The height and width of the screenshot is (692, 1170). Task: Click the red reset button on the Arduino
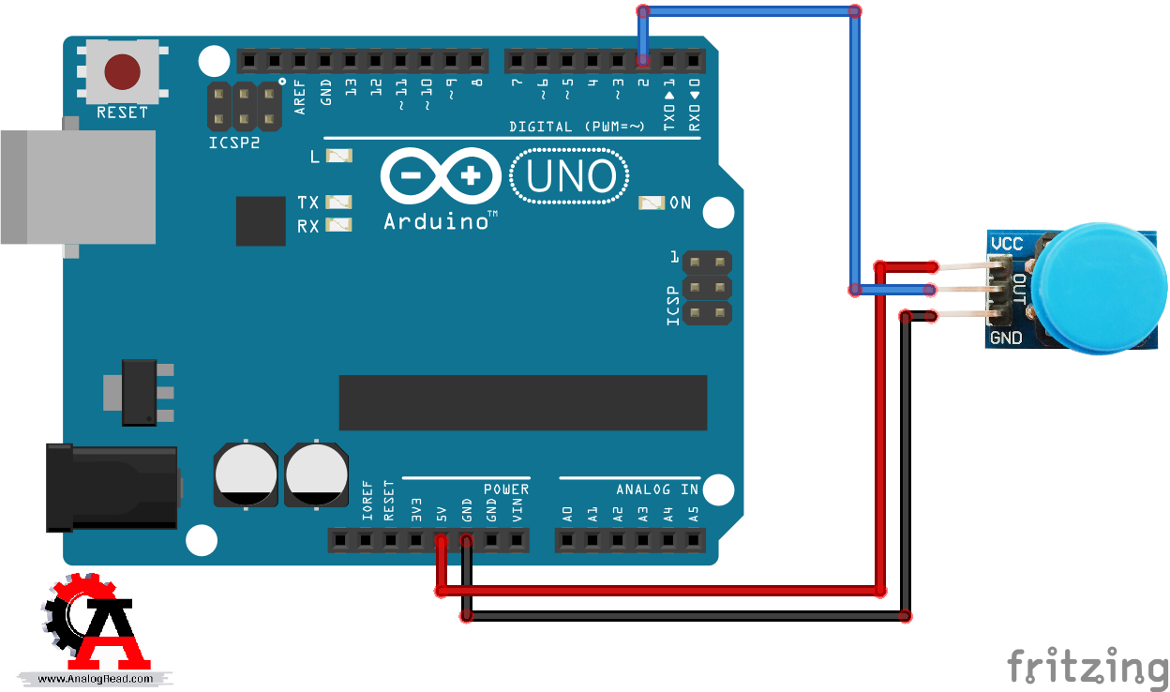click(122, 71)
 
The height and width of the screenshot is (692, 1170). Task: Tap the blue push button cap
click(1099, 288)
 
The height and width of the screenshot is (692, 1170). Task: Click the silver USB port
click(79, 187)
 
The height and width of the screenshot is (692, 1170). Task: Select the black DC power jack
click(112, 489)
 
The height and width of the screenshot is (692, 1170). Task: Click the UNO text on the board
click(570, 176)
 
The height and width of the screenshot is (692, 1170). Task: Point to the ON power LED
click(652, 203)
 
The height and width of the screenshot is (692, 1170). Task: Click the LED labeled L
click(339, 156)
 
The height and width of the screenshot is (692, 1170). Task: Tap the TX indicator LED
click(338, 202)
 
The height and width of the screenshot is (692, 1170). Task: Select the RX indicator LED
click(338, 225)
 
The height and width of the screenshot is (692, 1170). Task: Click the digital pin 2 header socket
click(643, 61)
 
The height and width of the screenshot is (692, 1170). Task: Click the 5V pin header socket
click(442, 540)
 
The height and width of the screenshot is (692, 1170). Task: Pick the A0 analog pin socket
click(567, 540)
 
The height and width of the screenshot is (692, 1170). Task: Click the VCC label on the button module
click(1007, 244)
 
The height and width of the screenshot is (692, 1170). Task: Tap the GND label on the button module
click(1006, 338)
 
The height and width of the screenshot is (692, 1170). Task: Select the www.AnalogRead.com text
click(95, 679)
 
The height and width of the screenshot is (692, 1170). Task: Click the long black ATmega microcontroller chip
click(523, 402)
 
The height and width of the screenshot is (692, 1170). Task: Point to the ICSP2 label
click(234, 143)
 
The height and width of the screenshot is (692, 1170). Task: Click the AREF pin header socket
click(299, 61)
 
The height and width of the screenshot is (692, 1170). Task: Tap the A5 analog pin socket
click(693, 540)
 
